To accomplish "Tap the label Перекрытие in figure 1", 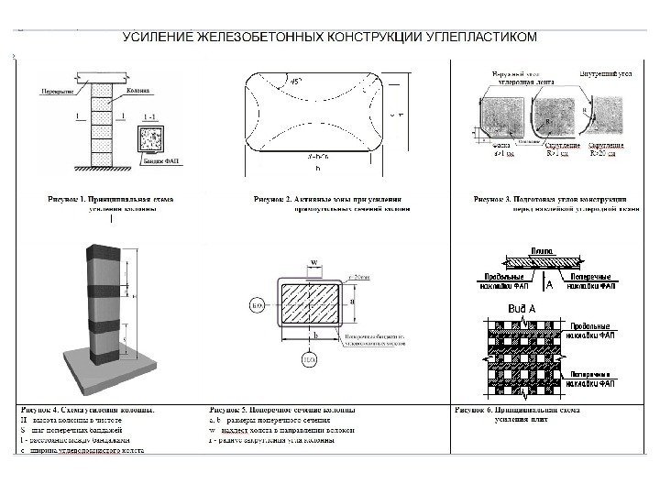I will tap(57, 92).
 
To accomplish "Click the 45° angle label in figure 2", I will tap(297, 82).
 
